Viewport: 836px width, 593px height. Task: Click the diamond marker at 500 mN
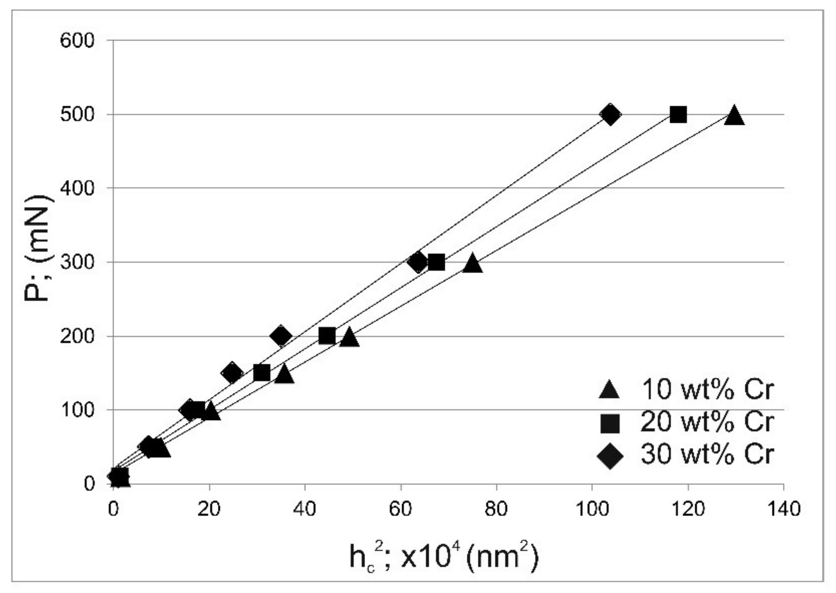click(610, 114)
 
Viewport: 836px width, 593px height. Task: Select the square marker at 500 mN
click(678, 115)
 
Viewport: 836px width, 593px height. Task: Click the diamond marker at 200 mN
click(281, 336)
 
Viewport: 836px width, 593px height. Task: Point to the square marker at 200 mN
click(327, 336)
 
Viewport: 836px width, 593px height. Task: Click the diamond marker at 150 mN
click(232, 373)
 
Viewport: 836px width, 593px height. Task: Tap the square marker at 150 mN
click(262, 373)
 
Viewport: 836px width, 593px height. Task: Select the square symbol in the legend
click(610, 423)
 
